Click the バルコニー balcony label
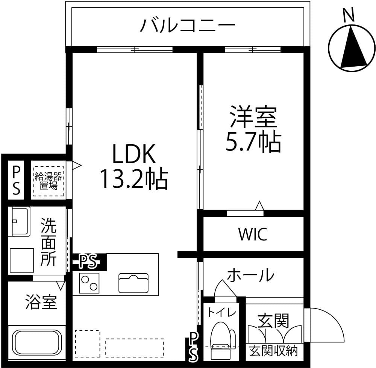[187, 26]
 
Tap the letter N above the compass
[349, 15]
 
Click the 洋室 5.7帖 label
[253, 129]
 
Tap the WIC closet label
[253, 234]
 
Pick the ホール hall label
[250, 275]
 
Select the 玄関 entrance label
[273, 321]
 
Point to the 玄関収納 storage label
[273, 351]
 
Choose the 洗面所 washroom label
[49, 242]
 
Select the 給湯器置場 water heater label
[49, 181]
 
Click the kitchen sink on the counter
[133, 284]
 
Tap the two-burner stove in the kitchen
[89, 283]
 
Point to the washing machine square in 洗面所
[21, 260]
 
